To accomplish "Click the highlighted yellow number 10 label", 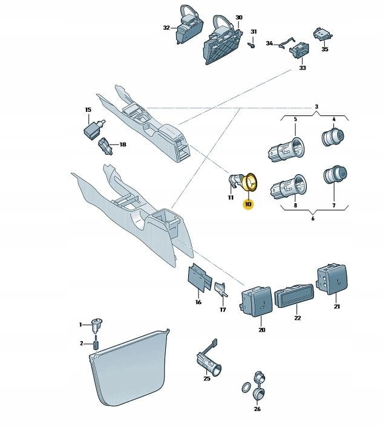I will point(249,204).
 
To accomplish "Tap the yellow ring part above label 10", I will point(249,182).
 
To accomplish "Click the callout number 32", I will point(166,27).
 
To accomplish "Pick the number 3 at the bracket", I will point(316,107).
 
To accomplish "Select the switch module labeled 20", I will point(256,301).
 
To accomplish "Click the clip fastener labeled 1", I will point(97,325).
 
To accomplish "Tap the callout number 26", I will point(257,409).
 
